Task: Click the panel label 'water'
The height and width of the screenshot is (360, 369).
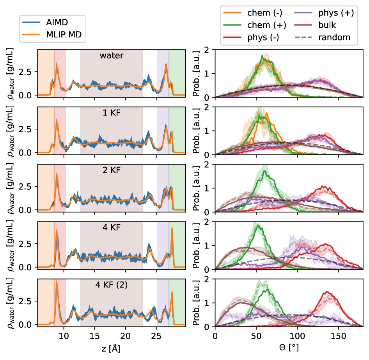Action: (x=112, y=56)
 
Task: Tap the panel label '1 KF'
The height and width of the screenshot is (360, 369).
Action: (x=112, y=113)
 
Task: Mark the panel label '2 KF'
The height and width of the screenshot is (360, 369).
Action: (x=112, y=170)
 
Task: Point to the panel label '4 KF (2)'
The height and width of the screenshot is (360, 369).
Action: (x=112, y=285)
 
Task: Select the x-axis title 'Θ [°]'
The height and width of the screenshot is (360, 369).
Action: (x=289, y=347)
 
